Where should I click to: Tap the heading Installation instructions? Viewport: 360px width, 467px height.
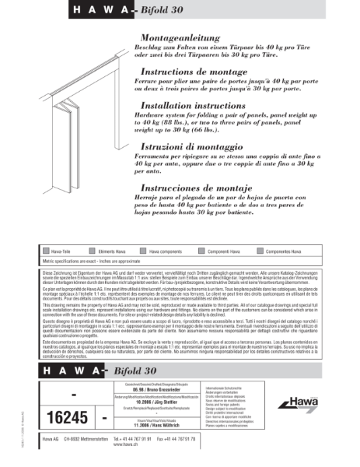point(193,104)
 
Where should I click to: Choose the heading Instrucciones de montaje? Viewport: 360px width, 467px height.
point(197,188)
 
